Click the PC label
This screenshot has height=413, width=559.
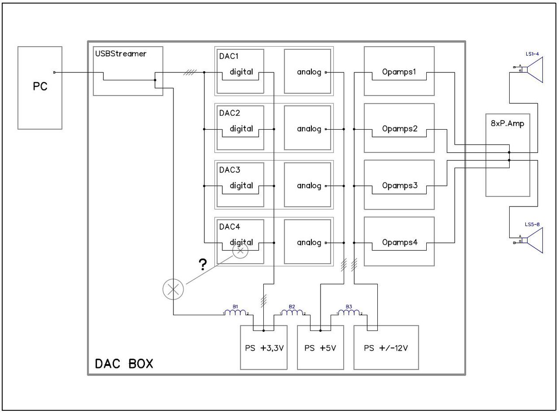click(x=40, y=86)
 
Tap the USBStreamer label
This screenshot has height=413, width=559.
click(x=121, y=54)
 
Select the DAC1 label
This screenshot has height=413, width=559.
click(x=228, y=56)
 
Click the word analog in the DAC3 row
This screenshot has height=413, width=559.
click(x=309, y=186)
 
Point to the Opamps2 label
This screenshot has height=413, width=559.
click(x=400, y=129)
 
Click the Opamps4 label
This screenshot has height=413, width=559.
click(x=400, y=242)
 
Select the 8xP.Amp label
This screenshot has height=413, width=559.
click(x=507, y=124)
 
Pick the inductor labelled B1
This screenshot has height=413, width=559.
click(x=235, y=313)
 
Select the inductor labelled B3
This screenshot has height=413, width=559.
click(x=349, y=313)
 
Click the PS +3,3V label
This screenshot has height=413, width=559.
click(x=264, y=348)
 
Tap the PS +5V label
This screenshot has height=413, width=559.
click(x=320, y=348)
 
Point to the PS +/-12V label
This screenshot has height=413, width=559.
click(x=386, y=348)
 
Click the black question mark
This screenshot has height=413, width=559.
click(x=203, y=264)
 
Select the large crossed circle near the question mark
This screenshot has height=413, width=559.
click(x=173, y=289)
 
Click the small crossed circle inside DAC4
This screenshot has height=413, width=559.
click(x=241, y=251)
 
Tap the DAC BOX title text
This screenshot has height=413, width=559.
click(x=124, y=364)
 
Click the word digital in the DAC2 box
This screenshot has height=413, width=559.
click(x=241, y=128)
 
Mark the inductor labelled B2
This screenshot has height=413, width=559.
click(x=292, y=313)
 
